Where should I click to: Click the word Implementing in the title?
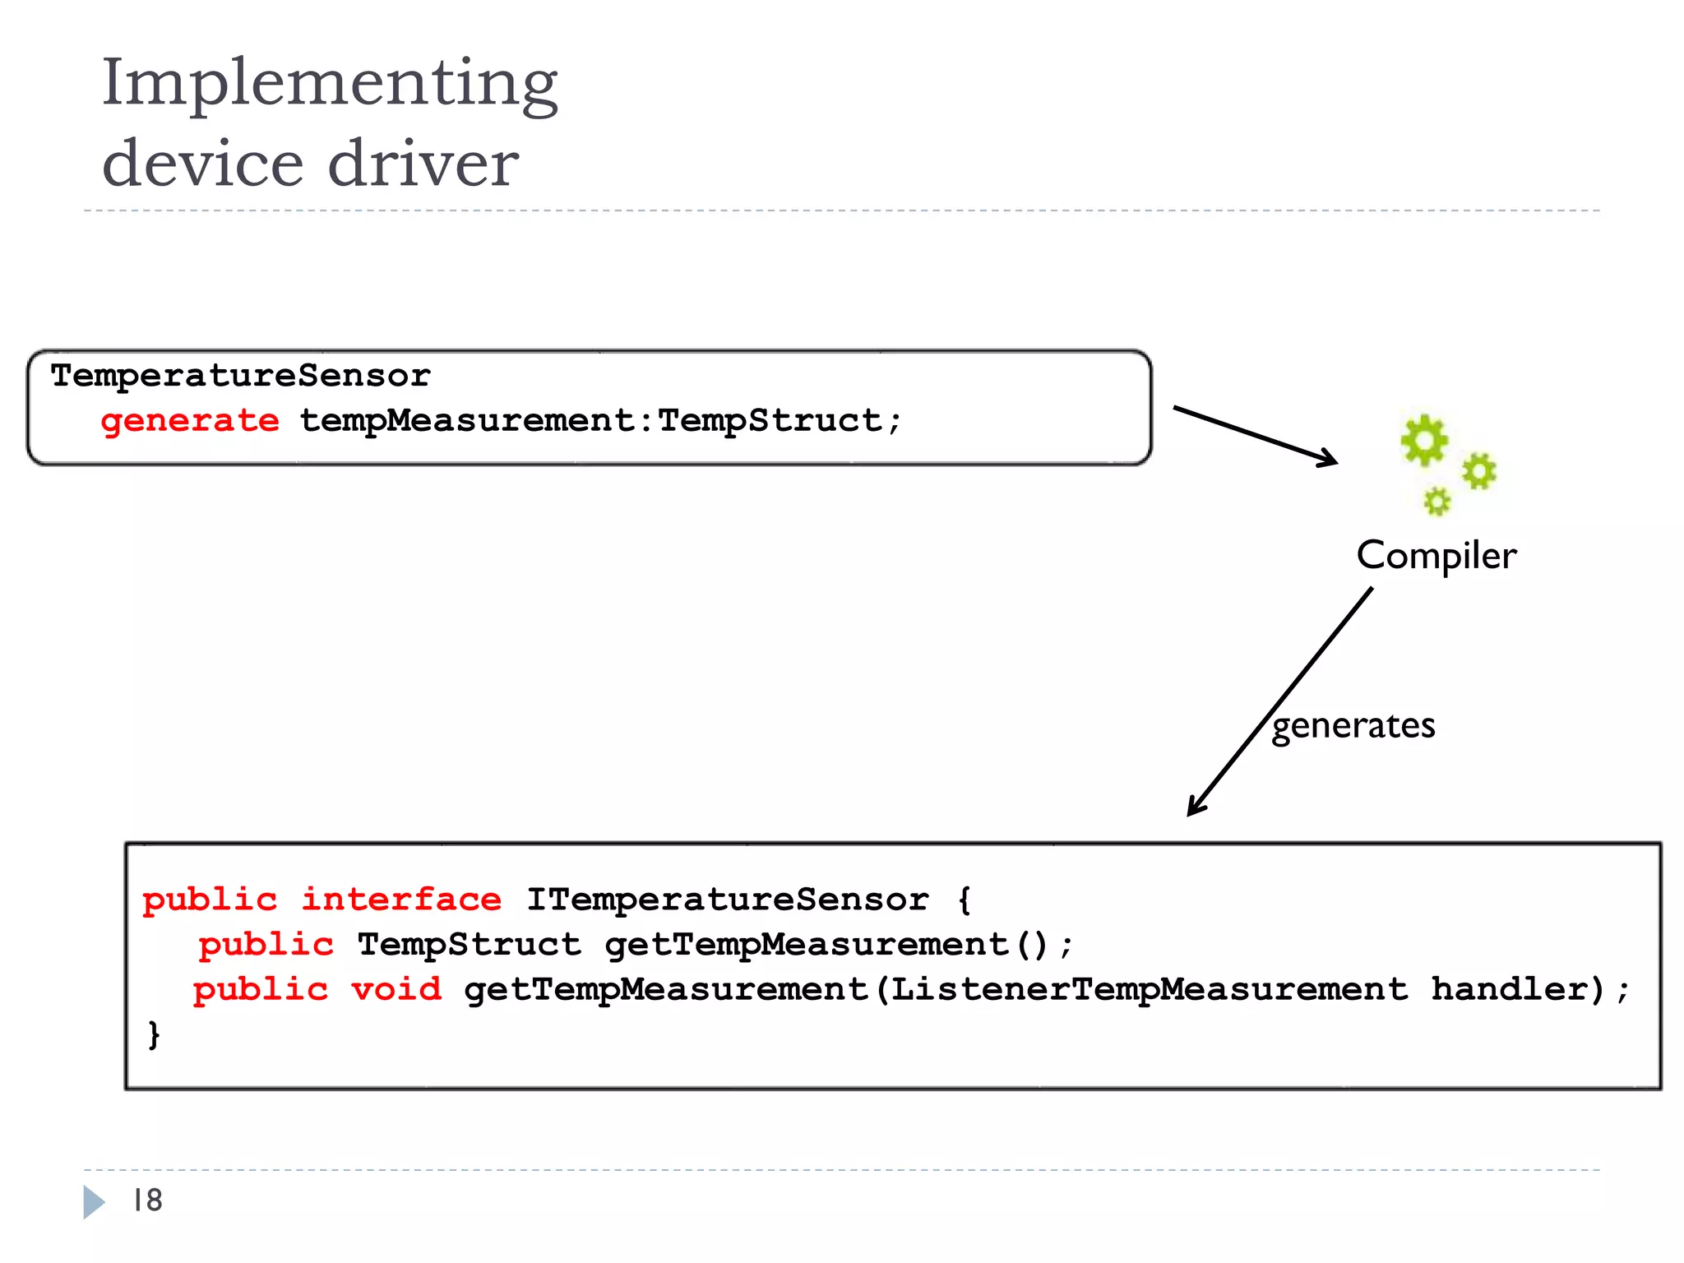click(329, 84)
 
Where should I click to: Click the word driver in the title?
click(423, 163)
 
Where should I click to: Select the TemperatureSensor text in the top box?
click(240, 376)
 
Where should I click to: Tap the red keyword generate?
click(190, 421)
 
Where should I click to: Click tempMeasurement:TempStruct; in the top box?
click(600, 421)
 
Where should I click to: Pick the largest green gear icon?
click(1423, 440)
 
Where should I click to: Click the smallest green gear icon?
click(1436, 501)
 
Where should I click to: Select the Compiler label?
click(1436, 555)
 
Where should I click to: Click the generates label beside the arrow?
click(1353, 725)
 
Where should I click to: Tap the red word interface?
click(401, 900)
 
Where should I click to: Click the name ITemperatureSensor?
click(727, 900)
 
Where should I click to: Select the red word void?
click(396, 989)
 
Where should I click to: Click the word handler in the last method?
click(1517, 989)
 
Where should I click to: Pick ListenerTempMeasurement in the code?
click(1149, 989)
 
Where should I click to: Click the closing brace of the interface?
click(154, 1034)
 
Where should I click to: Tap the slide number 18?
click(148, 1201)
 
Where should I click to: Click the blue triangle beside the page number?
click(94, 1202)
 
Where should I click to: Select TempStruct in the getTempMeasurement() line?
click(469, 945)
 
